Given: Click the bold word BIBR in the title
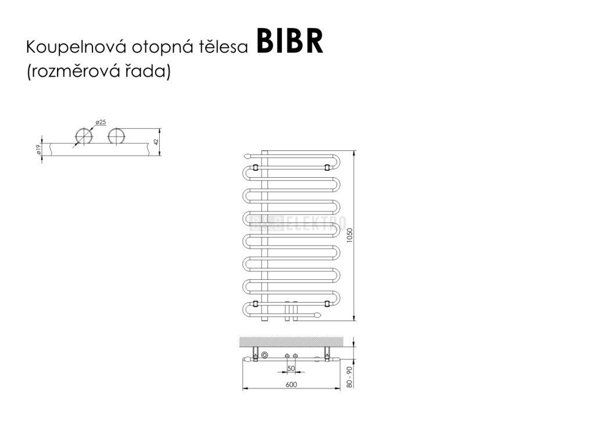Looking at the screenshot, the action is coord(289,43).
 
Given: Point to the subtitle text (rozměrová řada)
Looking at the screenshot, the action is coord(98,72).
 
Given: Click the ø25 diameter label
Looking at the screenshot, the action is coord(101,122).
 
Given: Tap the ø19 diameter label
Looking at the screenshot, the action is coord(38,149).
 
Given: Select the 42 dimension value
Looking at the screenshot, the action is coord(156,142).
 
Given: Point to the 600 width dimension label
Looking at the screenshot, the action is coord(291,384).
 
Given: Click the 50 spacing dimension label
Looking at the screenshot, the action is coord(291,369).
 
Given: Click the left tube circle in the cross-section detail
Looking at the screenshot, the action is coord(83,137).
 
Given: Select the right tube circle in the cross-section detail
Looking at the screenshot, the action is coord(117,137).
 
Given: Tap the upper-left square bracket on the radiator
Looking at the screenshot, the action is coord(255,167).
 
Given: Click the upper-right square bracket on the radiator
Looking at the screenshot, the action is coord(327,167).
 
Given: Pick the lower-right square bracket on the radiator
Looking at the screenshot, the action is coord(327,303).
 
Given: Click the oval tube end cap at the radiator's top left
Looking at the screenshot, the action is coord(248,156).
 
